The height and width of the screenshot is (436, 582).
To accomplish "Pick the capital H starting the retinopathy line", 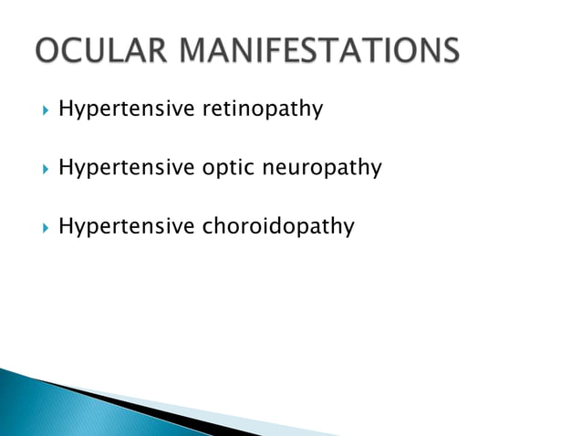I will point(65,109).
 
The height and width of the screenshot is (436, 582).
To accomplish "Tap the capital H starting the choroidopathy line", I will point(65,226).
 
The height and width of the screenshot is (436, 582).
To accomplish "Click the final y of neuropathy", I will point(376,171).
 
